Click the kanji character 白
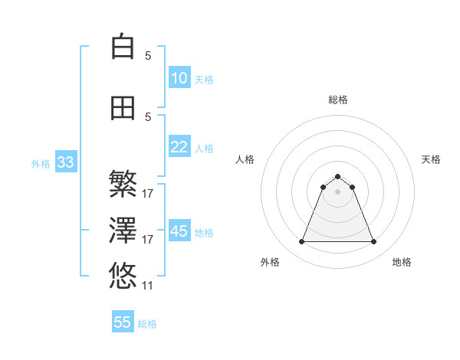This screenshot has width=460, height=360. [x=123, y=47]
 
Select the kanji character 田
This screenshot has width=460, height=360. [x=123, y=108]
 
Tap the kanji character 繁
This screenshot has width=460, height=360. [x=123, y=184]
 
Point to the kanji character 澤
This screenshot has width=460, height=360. [x=123, y=230]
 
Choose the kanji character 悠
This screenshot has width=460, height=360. [x=123, y=275]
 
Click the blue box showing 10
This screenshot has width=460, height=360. [x=179, y=78]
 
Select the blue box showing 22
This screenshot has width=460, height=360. [x=179, y=147]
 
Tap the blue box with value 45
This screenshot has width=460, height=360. [x=179, y=231]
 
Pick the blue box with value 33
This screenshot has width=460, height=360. [x=65, y=162]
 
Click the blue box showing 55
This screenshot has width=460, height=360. [x=123, y=322]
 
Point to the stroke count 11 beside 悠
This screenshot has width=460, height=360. [x=148, y=286]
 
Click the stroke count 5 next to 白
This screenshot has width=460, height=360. [x=148, y=56]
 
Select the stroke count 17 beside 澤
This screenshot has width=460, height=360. [x=148, y=240]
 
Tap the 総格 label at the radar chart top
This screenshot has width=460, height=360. [x=338, y=100]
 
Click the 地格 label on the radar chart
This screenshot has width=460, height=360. [x=402, y=262]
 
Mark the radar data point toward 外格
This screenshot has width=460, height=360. [x=302, y=242]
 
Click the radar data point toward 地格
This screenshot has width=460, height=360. [x=373, y=242]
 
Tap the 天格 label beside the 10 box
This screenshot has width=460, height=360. [x=204, y=79]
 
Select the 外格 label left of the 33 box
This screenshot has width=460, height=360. [x=41, y=163]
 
